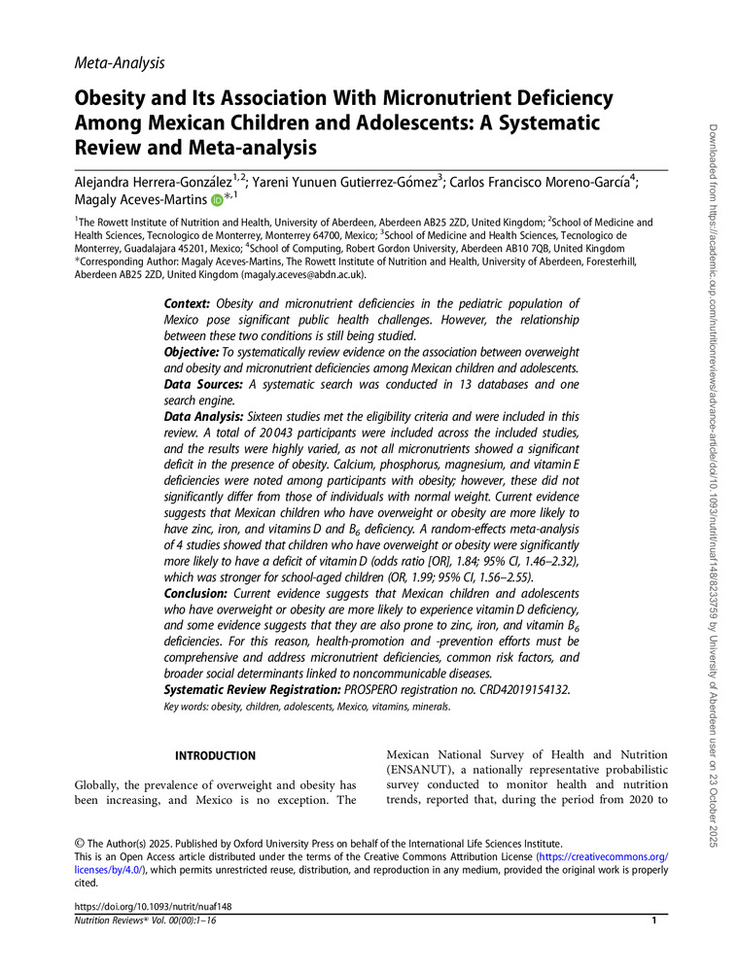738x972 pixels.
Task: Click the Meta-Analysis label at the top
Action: coord(119,63)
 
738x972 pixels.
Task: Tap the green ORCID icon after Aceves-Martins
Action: coord(216,200)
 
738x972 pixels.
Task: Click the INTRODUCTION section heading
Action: coord(215,755)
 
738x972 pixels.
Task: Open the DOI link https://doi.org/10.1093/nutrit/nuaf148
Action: coord(154,906)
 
